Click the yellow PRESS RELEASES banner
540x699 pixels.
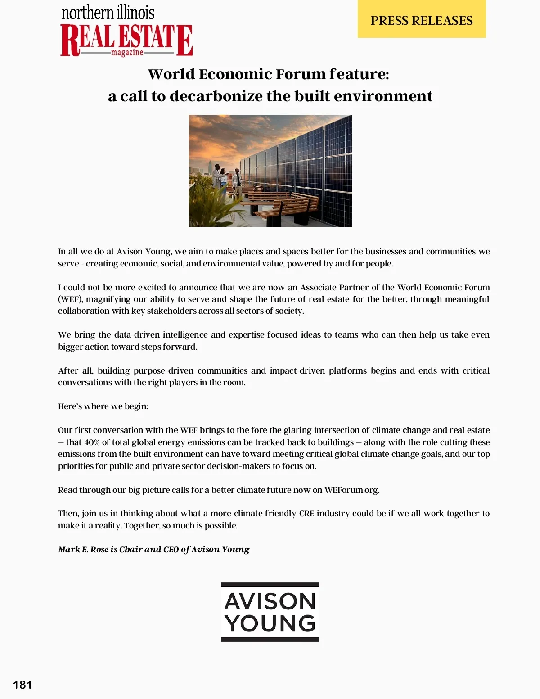(x=422, y=20)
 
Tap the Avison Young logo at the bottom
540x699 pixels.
(x=270, y=612)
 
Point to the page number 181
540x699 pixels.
(x=22, y=685)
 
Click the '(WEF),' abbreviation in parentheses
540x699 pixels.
(x=70, y=299)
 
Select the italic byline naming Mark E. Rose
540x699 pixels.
(x=153, y=549)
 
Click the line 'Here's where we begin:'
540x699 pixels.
(x=103, y=406)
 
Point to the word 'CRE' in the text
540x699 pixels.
(x=306, y=513)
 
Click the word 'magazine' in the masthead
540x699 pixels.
(x=127, y=53)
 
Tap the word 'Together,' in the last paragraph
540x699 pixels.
(x=142, y=525)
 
